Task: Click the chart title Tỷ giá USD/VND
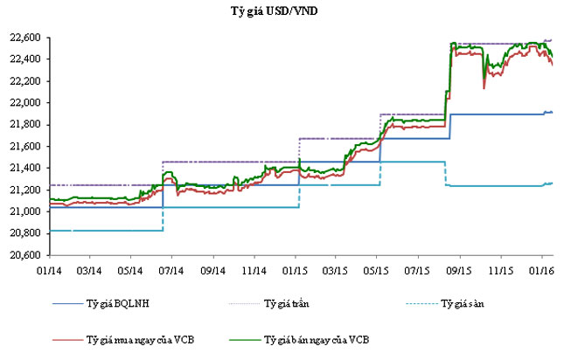(282, 10)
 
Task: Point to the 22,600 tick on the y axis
(25, 38)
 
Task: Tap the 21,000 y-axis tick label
(25, 211)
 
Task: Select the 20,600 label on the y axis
(25, 255)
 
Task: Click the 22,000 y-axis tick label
(25, 102)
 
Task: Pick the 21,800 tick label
(25, 124)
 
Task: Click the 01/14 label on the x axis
(49, 270)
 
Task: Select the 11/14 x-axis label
(254, 270)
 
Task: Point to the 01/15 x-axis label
(296, 270)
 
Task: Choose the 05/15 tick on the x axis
(379, 270)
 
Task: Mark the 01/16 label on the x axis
(543, 270)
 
